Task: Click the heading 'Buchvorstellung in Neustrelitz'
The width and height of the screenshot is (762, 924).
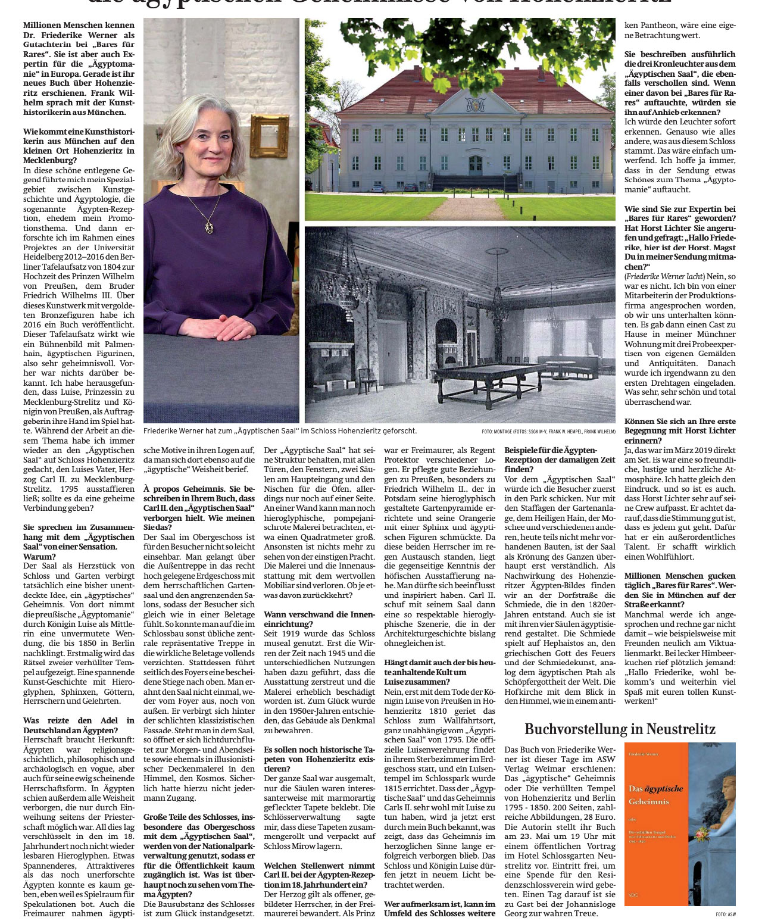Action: pos(620,729)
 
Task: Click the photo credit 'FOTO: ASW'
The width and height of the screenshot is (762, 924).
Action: pos(725,914)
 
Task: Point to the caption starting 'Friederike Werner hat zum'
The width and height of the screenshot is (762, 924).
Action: pos(280,430)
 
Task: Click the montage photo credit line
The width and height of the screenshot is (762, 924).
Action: pos(548,431)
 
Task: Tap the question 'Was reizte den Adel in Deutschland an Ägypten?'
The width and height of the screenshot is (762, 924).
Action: pos(79,725)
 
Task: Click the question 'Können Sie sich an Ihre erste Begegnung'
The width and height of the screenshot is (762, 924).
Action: pos(680,426)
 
